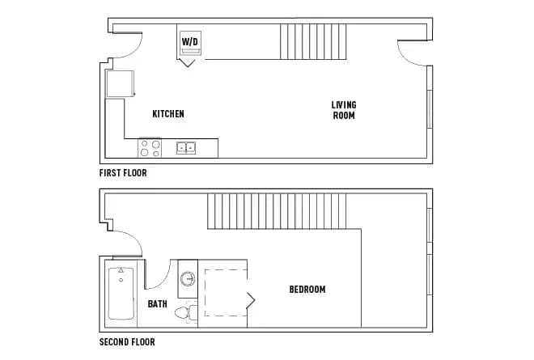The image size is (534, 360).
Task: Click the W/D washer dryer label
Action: point(189,41)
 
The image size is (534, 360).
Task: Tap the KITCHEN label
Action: point(168,114)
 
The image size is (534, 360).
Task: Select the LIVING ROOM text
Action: point(343,110)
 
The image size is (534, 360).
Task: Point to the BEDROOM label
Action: point(307,290)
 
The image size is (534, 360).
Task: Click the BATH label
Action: point(158,304)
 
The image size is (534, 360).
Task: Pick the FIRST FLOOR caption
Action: point(123,173)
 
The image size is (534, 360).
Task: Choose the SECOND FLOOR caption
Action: point(127,341)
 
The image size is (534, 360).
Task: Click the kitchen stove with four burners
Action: point(150,147)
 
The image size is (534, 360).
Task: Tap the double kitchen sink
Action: point(187,147)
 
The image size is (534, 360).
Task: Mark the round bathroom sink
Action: point(188,279)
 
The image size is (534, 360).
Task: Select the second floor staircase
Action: point(282,212)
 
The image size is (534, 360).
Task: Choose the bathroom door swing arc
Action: point(157,275)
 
